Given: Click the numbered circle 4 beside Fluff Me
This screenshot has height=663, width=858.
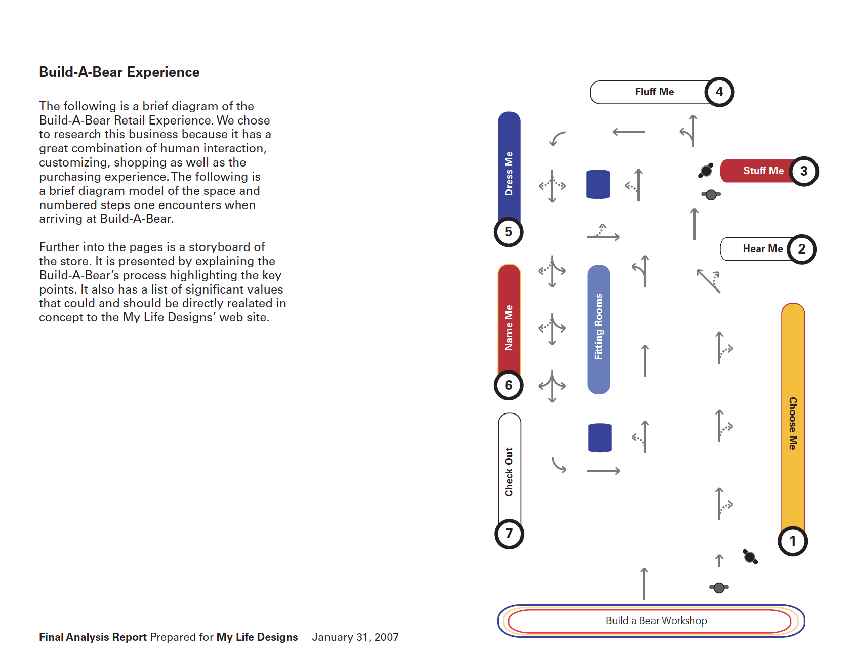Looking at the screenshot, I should click(719, 92).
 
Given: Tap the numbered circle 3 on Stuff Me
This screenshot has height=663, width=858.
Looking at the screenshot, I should click(804, 171).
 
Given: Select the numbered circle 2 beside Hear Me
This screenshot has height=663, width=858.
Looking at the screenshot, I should click(802, 249).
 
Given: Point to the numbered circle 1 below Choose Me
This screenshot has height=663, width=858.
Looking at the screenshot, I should click(793, 541).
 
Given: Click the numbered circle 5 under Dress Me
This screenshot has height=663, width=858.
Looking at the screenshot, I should click(508, 232).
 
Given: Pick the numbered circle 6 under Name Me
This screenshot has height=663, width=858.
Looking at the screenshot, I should click(508, 385).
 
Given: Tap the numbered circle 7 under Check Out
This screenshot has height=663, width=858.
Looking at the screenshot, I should click(509, 534).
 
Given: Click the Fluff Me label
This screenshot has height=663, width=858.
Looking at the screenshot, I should click(654, 92).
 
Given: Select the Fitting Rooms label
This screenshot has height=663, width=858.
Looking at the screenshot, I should click(599, 326).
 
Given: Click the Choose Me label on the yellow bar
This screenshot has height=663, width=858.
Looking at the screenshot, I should click(793, 423).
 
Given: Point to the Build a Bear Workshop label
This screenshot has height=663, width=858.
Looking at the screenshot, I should click(656, 620).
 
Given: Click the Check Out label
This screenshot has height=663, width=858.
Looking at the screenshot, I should click(509, 472).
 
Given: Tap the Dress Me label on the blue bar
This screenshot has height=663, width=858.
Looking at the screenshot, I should click(509, 173).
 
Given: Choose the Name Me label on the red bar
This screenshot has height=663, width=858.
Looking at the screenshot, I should click(509, 327).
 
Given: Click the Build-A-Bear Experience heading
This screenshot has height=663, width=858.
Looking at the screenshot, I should click(119, 72).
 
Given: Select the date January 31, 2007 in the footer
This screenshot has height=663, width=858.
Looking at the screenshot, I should click(355, 637).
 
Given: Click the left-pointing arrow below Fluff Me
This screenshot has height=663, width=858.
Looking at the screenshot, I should click(629, 132).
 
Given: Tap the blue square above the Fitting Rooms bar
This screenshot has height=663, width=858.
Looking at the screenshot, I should click(598, 184).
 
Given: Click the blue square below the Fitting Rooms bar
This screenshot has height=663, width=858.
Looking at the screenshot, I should click(600, 438).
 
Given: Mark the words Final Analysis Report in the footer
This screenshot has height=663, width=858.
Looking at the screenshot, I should click(93, 637).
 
